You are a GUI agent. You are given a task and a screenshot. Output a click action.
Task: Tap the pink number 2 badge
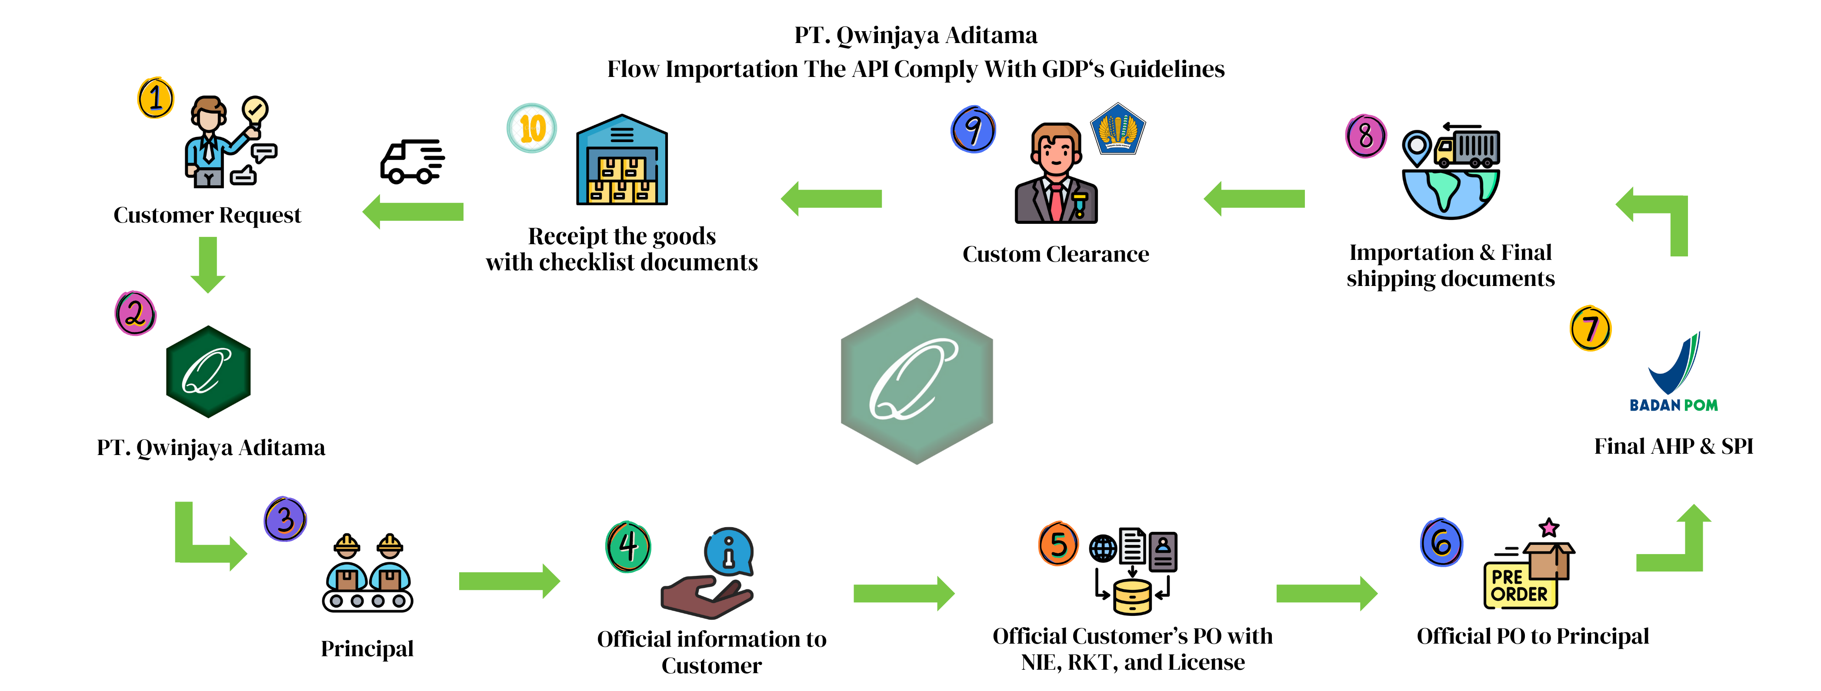coord(135,313)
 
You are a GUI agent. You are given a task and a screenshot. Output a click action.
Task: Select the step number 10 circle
coord(532,128)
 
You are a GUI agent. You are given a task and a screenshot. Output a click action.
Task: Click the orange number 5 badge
coord(1058,544)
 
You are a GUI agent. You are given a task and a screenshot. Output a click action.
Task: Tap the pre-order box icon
coord(1529,565)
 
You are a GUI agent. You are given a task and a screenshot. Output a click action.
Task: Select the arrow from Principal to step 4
coord(509,581)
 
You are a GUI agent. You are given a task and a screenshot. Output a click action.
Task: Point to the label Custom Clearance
coord(1055,254)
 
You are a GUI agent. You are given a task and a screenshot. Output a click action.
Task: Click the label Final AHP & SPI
coord(1673,446)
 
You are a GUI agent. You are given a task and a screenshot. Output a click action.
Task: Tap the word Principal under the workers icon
coord(367,648)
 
